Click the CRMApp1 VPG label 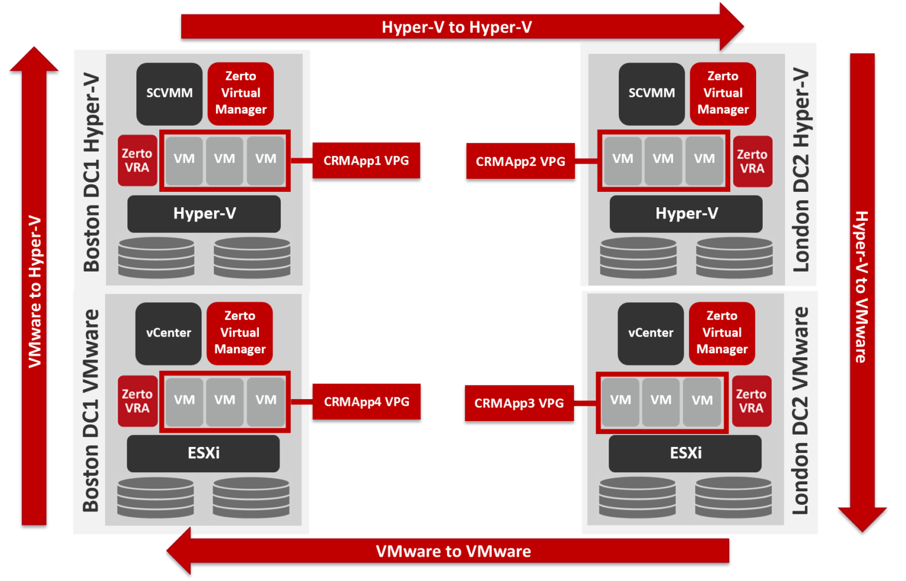pyautogui.click(x=366, y=161)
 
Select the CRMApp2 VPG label pyautogui.click(x=520, y=161)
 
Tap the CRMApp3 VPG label pyautogui.click(x=519, y=403)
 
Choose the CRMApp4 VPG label pyautogui.click(x=366, y=402)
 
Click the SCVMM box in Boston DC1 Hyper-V pyautogui.click(x=169, y=93)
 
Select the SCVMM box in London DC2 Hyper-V pyautogui.click(x=651, y=93)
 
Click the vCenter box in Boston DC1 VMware pyautogui.click(x=168, y=333)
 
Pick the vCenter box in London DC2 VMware pyautogui.click(x=651, y=333)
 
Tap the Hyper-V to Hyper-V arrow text pyautogui.click(x=457, y=27)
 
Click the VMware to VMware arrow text pyautogui.click(x=453, y=551)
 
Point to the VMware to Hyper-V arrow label pyautogui.click(x=35, y=292)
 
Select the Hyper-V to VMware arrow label pyautogui.click(x=862, y=287)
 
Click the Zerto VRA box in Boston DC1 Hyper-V pyautogui.click(x=137, y=161)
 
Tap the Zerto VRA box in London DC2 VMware pyautogui.click(x=751, y=401)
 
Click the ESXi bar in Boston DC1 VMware pyautogui.click(x=203, y=453)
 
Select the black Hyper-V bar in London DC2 pyautogui.click(x=686, y=214)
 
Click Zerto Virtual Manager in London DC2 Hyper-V pyautogui.click(x=723, y=93)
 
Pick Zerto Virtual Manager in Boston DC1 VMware pyautogui.click(x=239, y=333)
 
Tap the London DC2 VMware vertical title pyautogui.click(x=800, y=411)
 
